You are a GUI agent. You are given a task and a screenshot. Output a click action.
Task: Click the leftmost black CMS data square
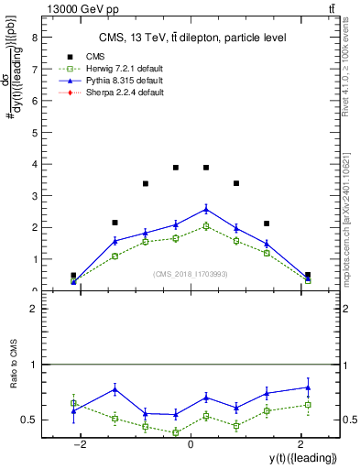[73, 275]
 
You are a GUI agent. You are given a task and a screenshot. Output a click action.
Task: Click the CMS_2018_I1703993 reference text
[191, 274]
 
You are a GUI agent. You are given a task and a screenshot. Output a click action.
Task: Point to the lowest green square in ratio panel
[176, 431]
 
